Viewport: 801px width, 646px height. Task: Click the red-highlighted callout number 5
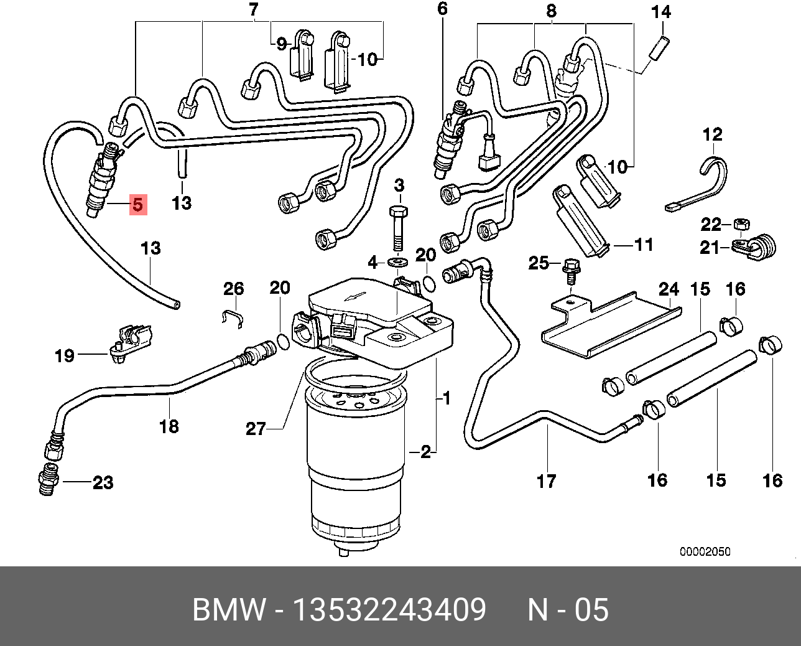point(137,204)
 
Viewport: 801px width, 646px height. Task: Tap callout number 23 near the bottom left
point(103,482)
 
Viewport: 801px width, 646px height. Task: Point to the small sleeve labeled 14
point(659,49)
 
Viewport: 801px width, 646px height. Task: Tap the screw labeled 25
point(569,270)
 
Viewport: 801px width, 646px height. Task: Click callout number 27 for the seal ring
point(256,428)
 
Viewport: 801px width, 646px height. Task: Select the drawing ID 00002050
point(705,552)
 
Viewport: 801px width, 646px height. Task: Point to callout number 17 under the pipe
point(546,481)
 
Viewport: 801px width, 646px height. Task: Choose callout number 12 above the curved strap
point(713,134)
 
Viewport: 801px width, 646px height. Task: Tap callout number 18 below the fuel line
point(169,426)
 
